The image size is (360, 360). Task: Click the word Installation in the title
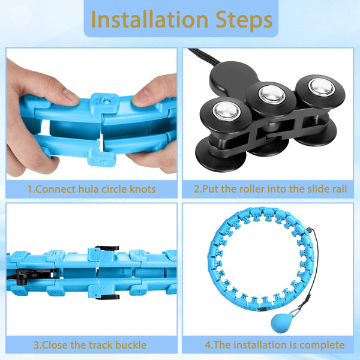pos(149,20)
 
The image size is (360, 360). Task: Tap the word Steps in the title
pos(244,21)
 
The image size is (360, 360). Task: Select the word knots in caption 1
pos(142,189)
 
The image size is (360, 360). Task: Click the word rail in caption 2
pos(338,189)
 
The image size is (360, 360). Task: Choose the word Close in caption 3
pos(55,345)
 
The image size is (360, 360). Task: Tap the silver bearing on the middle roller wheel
pos(272,94)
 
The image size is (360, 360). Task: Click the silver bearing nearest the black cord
pos(227,111)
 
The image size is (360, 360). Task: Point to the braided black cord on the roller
pos(204,55)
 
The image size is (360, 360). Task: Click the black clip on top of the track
pos(107,248)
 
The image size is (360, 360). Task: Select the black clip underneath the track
pos(107,298)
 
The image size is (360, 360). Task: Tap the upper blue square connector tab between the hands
pos(104,103)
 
